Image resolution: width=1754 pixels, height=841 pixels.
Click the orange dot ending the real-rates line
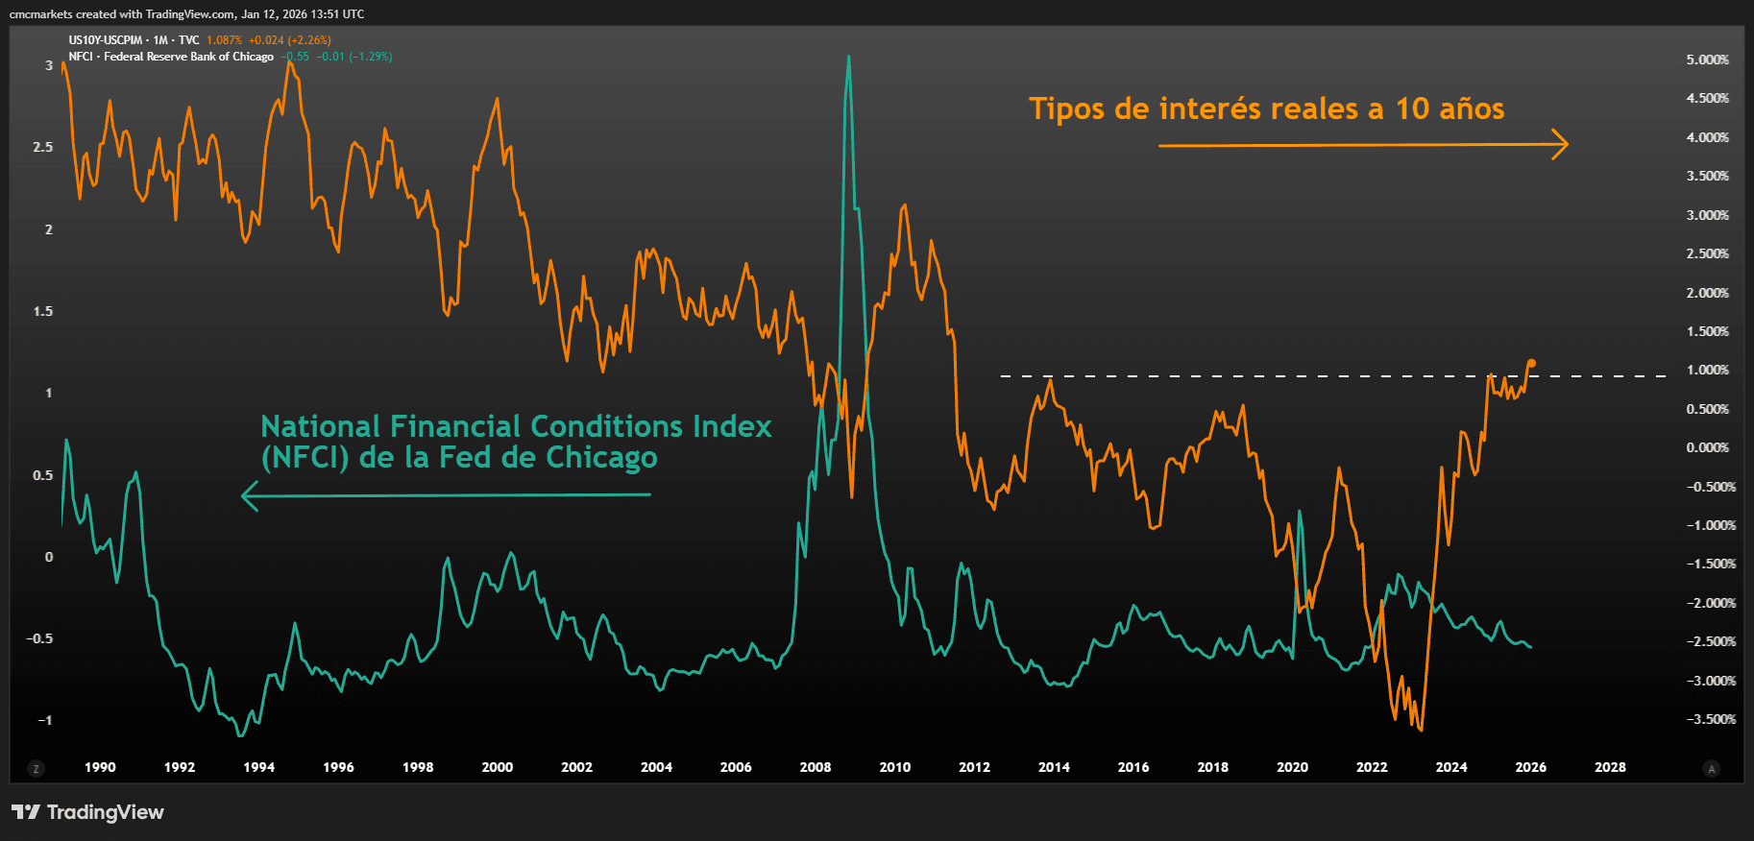coord(1531,363)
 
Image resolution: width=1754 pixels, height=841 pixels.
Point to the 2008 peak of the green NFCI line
coord(848,58)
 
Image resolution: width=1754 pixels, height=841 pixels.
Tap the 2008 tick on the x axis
coord(816,767)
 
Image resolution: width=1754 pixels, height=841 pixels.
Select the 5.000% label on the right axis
coord(1707,60)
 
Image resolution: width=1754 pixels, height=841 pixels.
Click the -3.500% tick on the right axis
coord(1710,719)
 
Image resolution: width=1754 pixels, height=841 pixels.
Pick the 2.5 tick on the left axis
coord(43,147)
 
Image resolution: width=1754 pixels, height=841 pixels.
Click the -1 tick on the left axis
coord(44,720)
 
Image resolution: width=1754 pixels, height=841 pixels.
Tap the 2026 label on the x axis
coord(1530,767)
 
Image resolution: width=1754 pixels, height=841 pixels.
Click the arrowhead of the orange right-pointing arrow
coord(1563,145)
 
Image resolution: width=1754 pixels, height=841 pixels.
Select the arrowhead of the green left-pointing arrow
coord(248,496)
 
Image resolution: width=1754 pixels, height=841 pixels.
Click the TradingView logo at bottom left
coord(87,812)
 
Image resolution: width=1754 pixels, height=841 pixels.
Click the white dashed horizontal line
coord(1249,375)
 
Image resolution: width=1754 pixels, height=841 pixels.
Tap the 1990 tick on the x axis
coord(100,767)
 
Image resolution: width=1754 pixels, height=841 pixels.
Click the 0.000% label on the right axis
coord(1707,447)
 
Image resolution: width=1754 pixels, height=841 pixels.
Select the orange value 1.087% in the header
coord(224,40)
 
